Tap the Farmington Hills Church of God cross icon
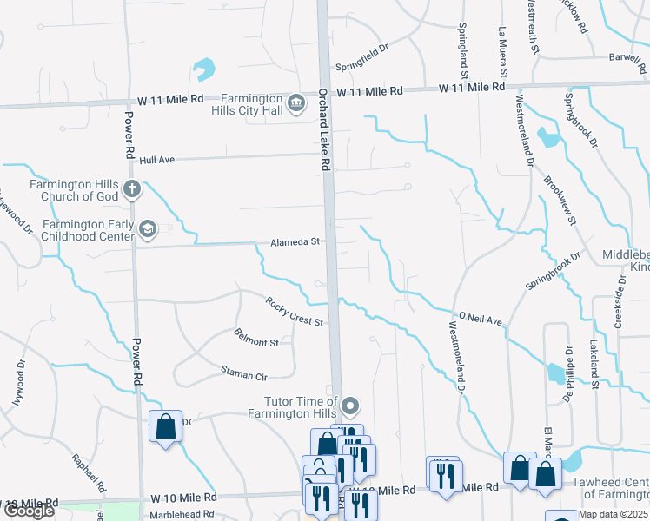(131, 189)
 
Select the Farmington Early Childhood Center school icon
(147, 228)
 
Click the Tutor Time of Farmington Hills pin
(349, 406)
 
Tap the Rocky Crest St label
(295, 312)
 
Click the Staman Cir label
(243, 374)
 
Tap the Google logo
(29, 511)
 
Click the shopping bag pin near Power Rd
(165, 427)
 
